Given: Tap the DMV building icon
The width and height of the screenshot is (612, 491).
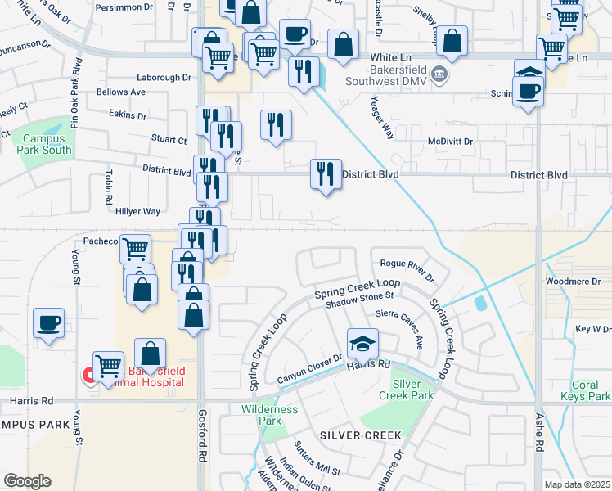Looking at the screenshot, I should (439, 75).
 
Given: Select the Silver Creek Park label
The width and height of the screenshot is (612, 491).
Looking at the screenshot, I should (412, 389).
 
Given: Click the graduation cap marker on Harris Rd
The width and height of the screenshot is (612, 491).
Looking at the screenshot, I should (362, 344).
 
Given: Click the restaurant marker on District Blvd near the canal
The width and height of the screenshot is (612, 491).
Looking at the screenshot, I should (326, 174).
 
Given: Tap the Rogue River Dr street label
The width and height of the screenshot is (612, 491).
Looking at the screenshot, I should (406, 264).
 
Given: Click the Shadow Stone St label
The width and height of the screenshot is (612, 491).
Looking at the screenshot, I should (360, 300).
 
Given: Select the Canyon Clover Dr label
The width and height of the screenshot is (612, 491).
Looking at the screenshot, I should (308, 368).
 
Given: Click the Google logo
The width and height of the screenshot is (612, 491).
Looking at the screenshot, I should (26, 481).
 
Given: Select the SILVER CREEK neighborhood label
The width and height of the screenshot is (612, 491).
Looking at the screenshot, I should (357, 435).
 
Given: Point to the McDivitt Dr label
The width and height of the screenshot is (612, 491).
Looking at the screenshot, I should (451, 141).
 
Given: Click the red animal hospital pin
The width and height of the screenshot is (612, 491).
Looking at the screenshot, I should (88, 376).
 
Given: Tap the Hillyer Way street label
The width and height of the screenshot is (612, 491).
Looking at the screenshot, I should (138, 211).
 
